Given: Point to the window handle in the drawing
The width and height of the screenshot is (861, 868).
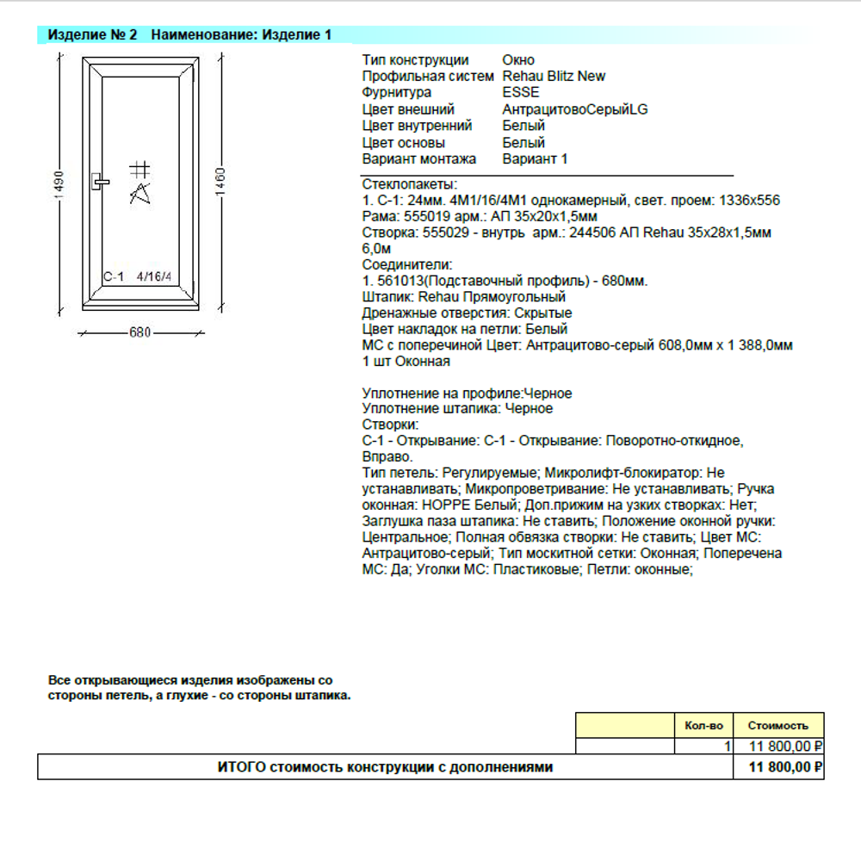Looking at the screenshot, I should (100, 181).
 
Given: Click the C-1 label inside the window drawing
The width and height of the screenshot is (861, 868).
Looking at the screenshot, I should (114, 276).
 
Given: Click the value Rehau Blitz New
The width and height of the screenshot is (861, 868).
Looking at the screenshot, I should (554, 76).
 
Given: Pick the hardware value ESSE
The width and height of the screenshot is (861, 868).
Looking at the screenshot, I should (521, 92).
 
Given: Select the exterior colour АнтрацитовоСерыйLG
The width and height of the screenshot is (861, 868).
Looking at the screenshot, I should (574, 109).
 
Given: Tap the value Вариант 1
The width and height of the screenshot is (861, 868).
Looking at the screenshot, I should (535, 159).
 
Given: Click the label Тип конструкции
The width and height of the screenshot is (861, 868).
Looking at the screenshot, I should (415, 59).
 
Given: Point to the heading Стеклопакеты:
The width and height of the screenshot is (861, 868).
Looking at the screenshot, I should (410, 184).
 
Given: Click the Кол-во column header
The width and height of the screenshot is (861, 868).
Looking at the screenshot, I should (703, 725).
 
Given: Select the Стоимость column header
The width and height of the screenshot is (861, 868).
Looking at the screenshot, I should (777, 725).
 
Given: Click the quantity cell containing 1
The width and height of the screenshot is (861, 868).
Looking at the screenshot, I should (728, 746).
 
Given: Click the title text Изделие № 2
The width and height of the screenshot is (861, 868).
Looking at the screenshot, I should (92, 35).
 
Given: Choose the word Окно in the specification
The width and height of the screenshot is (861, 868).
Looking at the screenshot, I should (518, 59).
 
